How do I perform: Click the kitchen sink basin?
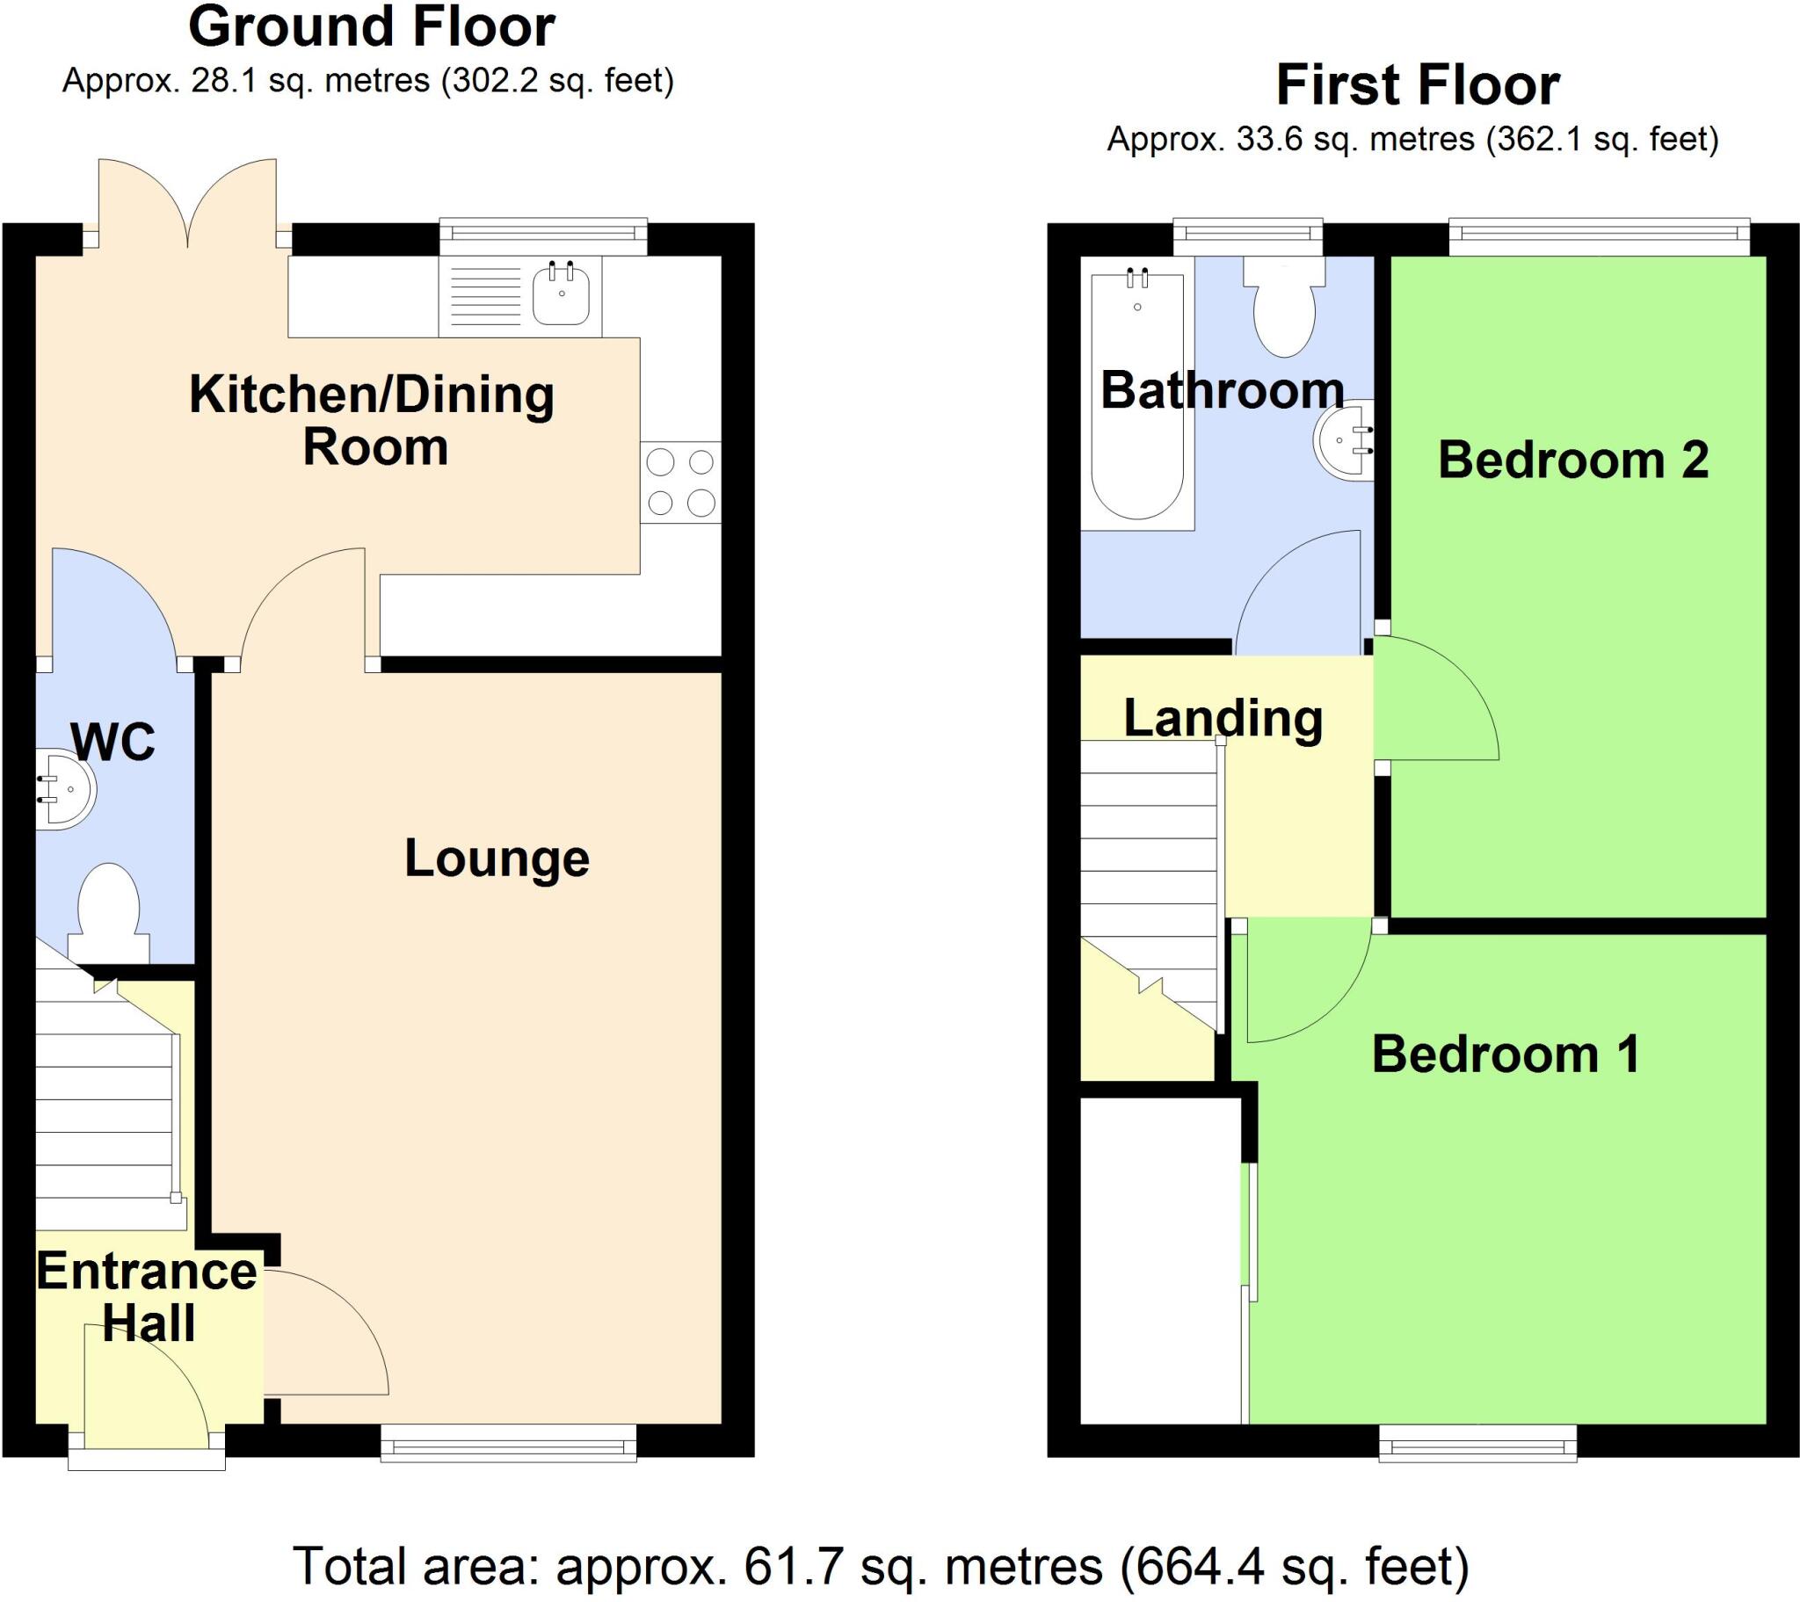tap(561, 294)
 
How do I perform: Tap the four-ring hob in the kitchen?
tap(681, 482)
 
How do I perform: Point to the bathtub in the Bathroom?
tap(1137, 396)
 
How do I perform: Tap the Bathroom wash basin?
tap(1344, 440)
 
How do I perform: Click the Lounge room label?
tap(497, 859)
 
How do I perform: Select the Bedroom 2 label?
tap(1572, 460)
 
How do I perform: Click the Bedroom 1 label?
tap(1506, 1055)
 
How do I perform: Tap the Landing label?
tap(1223, 718)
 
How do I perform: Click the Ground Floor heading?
tap(372, 27)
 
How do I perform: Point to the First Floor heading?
tap(1418, 85)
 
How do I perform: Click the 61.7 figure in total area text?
tap(779, 1566)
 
